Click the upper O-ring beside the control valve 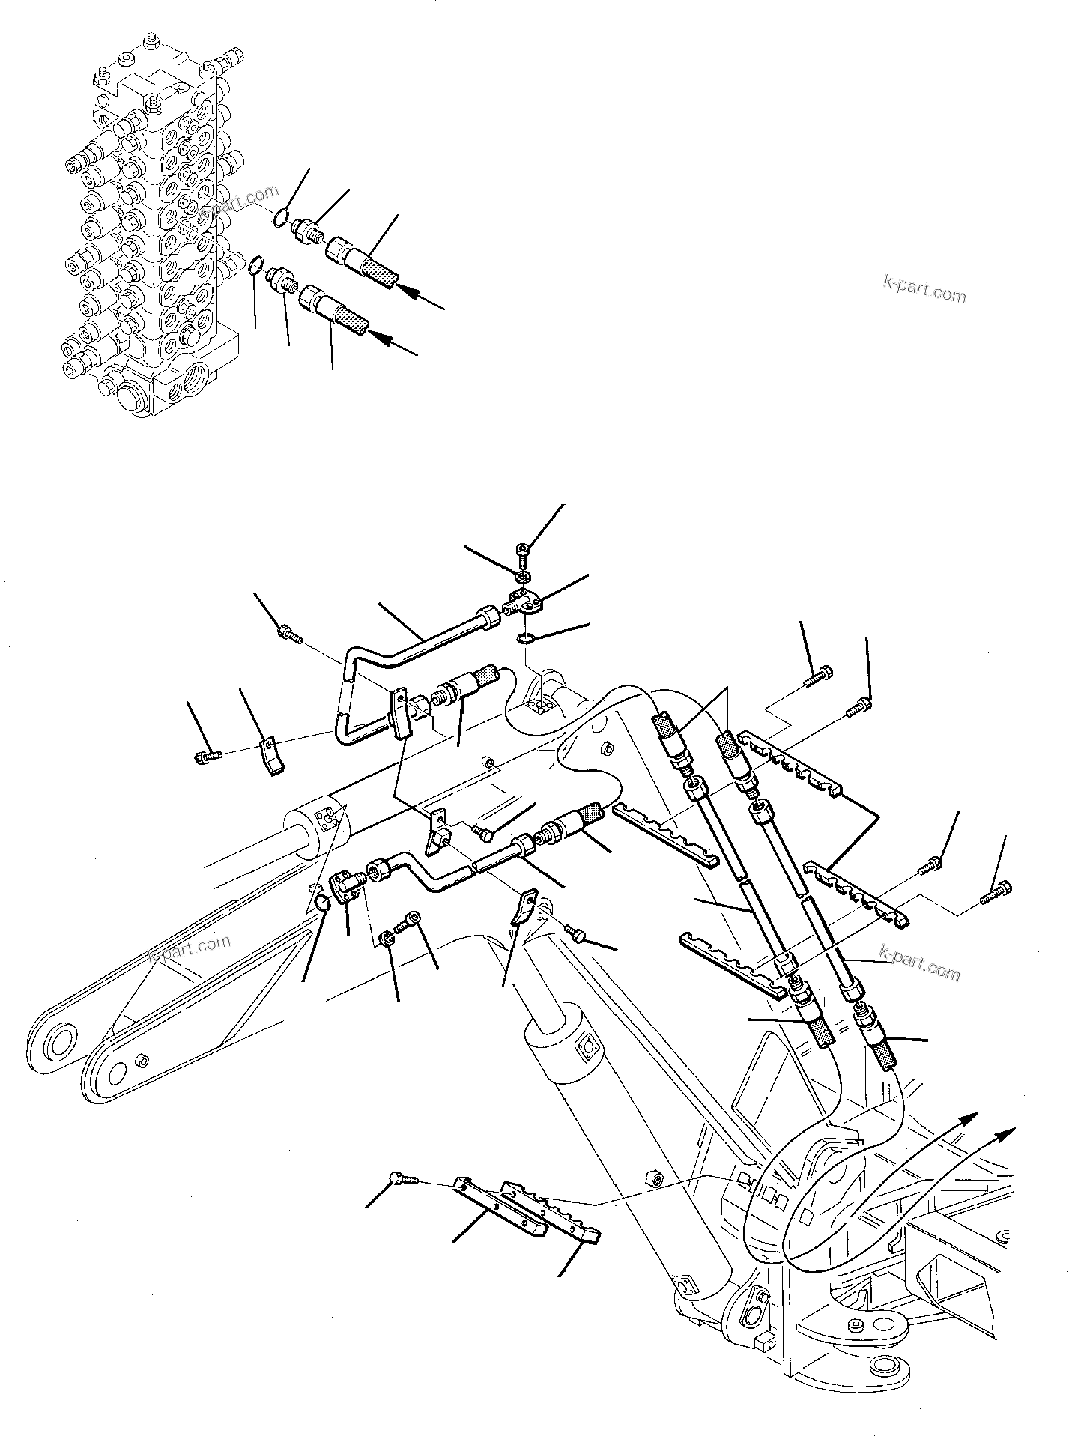pos(279,218)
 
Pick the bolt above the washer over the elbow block pos(523,553)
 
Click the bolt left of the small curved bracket pos(205,757)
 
